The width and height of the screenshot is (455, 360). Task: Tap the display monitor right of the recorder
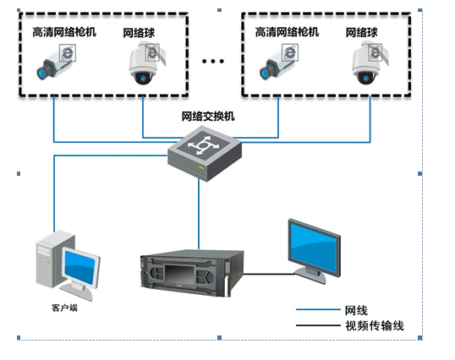click(315, 246)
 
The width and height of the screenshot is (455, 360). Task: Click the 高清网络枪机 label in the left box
click(63, 31)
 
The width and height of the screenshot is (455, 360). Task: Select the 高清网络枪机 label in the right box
click(288, 31)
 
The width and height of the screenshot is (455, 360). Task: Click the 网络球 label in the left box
click(139, 31)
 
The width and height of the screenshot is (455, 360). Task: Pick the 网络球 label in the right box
click(362, 31)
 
